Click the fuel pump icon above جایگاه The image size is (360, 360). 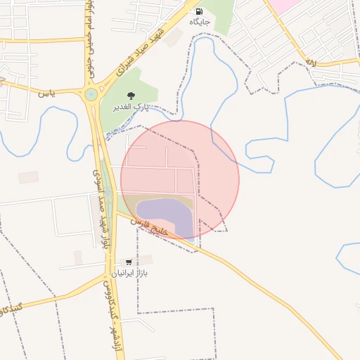click(x=199, y=11)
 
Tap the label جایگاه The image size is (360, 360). click(x=199, y=22)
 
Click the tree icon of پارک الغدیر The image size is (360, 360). click(x=130, y=96)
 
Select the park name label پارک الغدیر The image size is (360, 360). click(x=131, y=107)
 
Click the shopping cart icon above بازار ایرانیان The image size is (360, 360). click(x=128, y=261)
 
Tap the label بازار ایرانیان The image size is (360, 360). click(x=131, y=272)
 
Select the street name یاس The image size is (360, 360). click(x=46, y=92)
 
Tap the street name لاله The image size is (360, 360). click(x=310, y=63)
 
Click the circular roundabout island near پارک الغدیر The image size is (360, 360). click(x=91, y=94)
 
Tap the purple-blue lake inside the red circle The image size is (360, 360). click(x=163, y=218)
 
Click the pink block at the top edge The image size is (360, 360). click(x=285, y=4)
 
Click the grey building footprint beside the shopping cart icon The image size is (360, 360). click(x=78, y=259)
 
